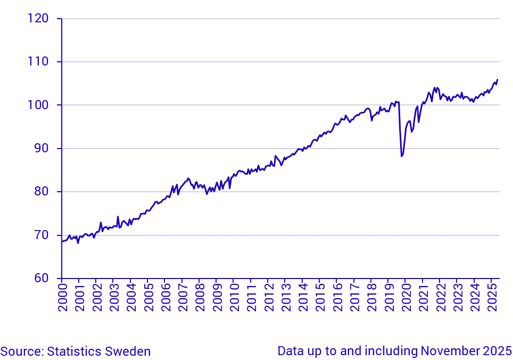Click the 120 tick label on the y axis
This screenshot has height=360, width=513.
[37, 19]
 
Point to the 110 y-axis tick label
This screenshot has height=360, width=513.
[37, 62]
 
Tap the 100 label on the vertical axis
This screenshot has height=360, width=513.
[37, 105]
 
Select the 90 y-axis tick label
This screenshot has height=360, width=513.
[40, 149]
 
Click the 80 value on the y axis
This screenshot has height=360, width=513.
[40, 192]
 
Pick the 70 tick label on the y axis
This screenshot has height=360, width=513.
[40, 235]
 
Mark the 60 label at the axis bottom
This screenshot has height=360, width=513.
[40, 278]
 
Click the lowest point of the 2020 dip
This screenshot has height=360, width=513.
[401, 156]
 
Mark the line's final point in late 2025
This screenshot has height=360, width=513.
[497, 80]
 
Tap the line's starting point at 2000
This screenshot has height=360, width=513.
[62, 241]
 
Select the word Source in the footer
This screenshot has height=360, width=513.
[21, 351]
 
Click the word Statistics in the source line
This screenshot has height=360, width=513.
[75, 351]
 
